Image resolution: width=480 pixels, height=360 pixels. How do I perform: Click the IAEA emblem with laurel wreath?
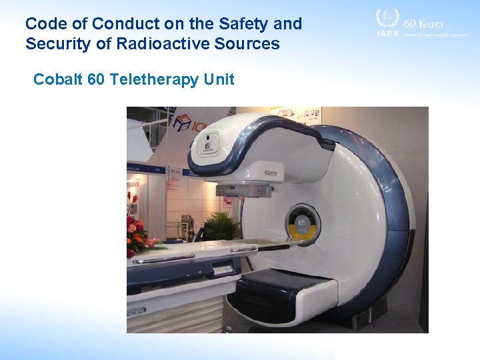[387, 18]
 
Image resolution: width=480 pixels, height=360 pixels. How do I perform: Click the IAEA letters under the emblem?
[387, 33]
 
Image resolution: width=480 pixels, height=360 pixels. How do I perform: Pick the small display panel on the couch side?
[223, 269]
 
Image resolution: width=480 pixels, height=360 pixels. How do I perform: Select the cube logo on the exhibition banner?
[181, 123]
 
